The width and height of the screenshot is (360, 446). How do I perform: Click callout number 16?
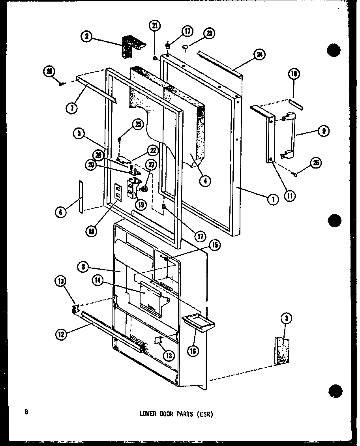193,350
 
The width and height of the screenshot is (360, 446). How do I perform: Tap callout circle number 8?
84,267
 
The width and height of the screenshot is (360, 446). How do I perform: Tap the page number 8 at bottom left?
26,412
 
